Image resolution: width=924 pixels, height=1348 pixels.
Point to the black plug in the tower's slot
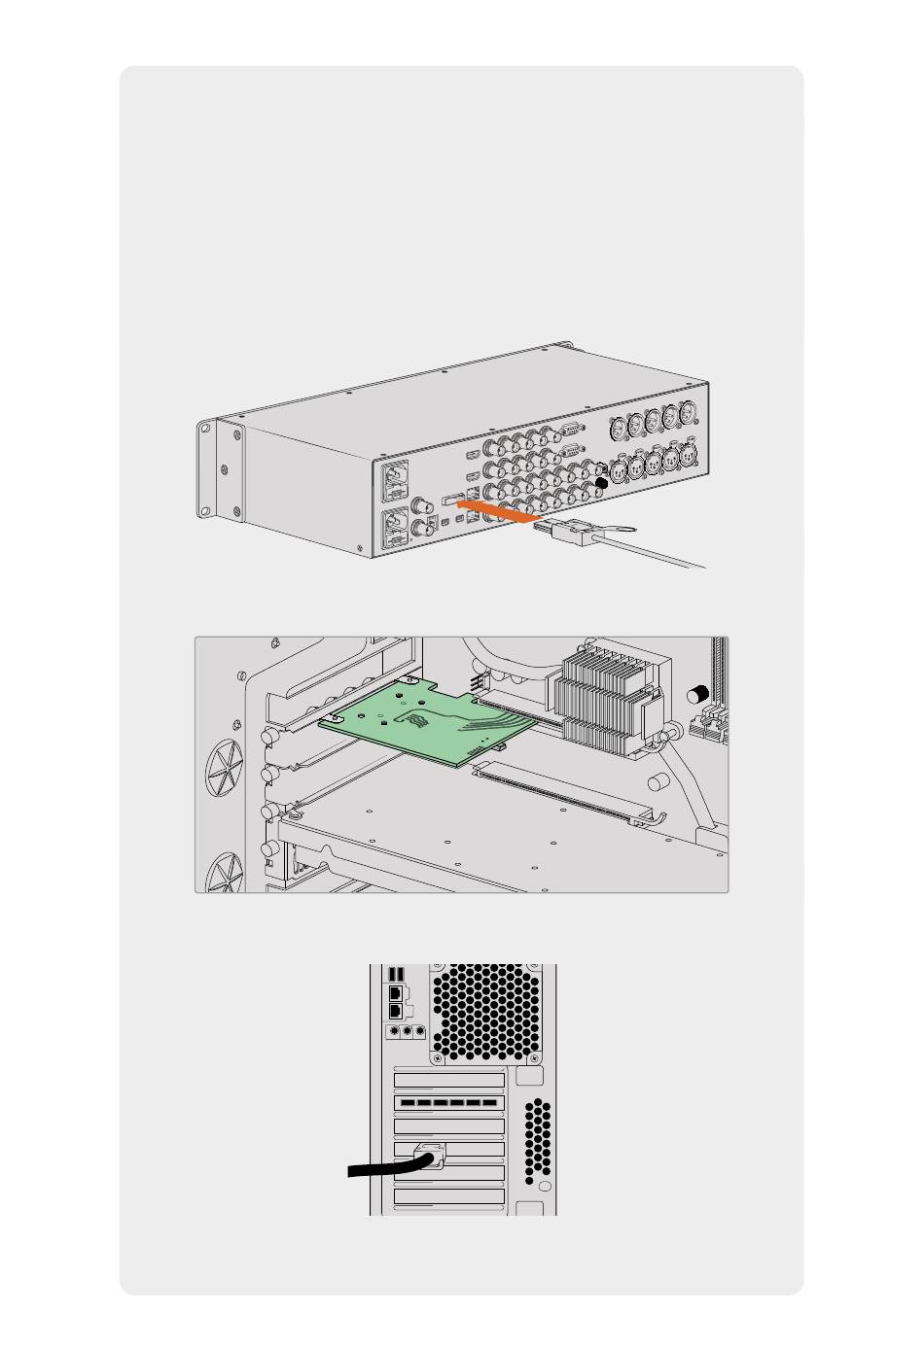tap(431, 1157)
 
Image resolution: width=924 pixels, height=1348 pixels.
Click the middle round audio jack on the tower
tap(408, 1032)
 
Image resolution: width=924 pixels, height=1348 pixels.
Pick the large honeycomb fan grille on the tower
tap(485, 1011)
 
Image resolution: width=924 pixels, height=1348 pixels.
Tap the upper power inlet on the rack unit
tap(398, 478)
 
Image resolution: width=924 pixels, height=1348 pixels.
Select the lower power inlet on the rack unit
tap(398, 530)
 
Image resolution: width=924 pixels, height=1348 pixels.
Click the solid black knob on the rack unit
tap(602, 483)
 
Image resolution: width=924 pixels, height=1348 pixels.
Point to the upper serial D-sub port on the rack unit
tap(572, 429)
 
